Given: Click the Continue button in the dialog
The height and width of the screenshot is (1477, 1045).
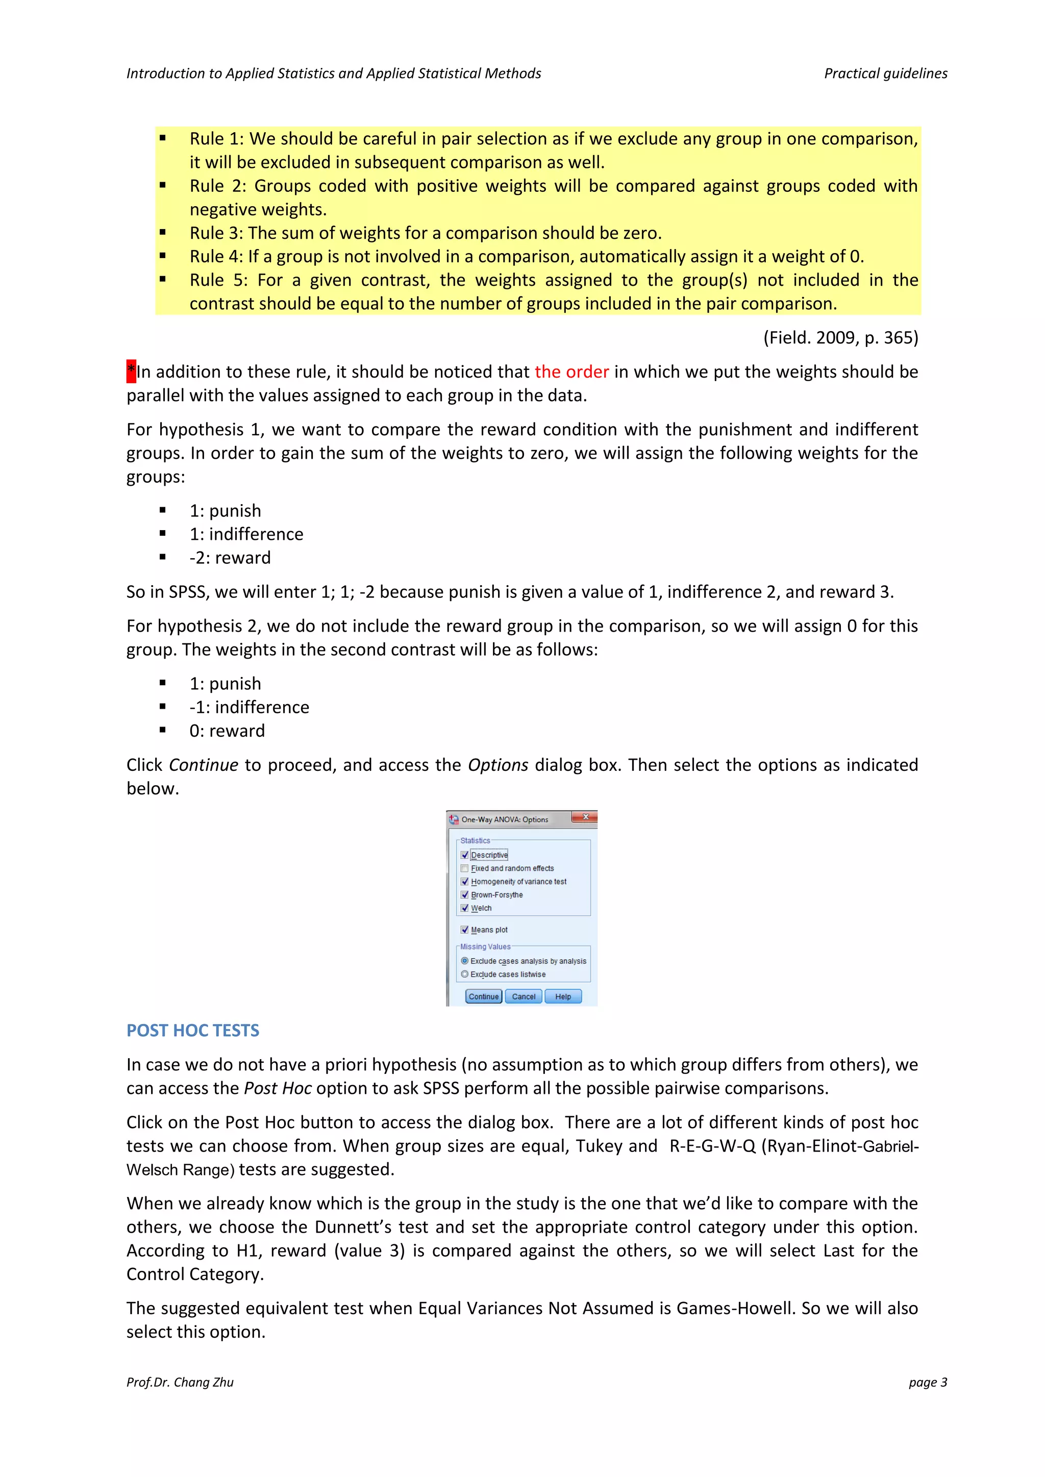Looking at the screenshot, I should [x=483, y=996].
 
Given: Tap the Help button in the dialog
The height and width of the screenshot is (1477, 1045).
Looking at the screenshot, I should [x=563, y=996].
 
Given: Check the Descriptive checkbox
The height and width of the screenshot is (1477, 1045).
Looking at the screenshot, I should [x=465, y=855].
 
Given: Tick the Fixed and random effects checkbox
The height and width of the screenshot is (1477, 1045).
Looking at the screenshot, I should [x=465, y=868].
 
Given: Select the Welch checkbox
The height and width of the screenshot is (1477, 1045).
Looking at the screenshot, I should [x=465, y=908].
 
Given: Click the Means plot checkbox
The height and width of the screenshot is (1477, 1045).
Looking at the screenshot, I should [x=465, y=930].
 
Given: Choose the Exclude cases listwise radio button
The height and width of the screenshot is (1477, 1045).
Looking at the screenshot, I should [x=465, y=974].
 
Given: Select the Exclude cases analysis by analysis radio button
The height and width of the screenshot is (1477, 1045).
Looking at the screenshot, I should [x=465, y=961].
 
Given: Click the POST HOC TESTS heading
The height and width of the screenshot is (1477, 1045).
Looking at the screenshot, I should [x=192, y=1031].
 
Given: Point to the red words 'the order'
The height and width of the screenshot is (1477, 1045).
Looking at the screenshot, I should [x=571, y=372].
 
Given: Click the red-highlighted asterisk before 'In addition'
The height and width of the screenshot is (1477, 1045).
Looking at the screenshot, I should [x=131, y=371].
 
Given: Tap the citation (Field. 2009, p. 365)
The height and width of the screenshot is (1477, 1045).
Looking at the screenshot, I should [x=840, y=338].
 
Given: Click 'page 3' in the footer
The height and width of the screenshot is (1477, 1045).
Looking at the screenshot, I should [x=927, y=1382].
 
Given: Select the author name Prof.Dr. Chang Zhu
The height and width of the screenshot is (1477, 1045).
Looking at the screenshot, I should [x=180, y=1382].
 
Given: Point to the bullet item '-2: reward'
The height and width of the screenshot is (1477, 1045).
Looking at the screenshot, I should [x=230, y=558].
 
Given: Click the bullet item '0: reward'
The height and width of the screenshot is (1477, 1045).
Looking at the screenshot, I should [x=227, y=731].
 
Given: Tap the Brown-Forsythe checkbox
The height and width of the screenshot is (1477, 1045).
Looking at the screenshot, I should [x=465, y=895].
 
